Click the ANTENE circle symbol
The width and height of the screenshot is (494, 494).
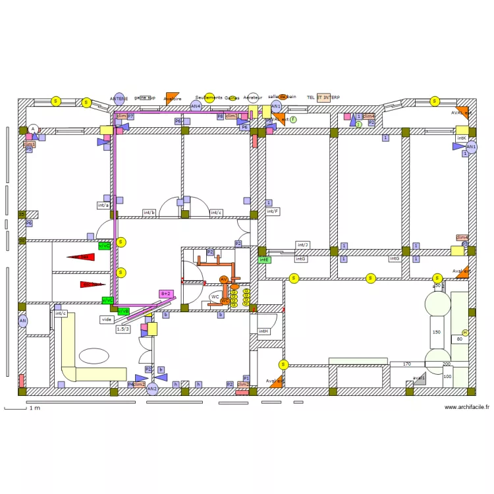point(119,98)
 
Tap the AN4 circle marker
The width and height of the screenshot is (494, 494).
point(196,105)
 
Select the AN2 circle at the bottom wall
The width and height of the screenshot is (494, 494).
point(152,389)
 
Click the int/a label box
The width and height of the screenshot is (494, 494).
point(103,206)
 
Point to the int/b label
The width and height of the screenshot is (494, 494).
point(150,213)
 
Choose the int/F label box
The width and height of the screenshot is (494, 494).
point(273,211)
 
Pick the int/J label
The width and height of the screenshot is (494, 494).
point(302,245)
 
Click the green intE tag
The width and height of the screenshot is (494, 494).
point(264,260)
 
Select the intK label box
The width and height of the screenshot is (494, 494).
point(462,138)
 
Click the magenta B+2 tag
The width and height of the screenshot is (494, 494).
point(166,293)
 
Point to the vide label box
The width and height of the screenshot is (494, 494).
point(107,319)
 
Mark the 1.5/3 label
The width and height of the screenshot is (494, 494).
point(123,329)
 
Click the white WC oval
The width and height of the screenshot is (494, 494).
point(215,297)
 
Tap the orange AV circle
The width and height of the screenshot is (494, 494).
point(224,280)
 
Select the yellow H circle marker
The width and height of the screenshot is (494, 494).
point(465,333)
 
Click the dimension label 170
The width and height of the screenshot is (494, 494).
point(407,364)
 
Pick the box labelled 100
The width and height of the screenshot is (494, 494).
point(447,377)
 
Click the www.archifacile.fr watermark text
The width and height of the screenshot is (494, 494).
point(467,407)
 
